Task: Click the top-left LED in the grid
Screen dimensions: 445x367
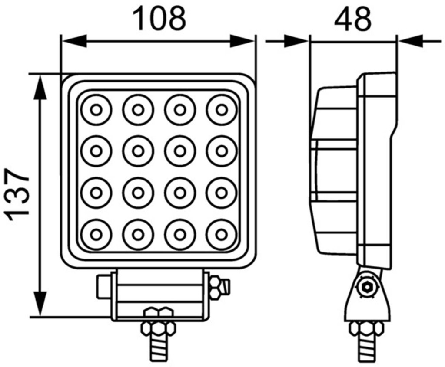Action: click(96, 110)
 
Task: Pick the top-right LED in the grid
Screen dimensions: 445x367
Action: click(221, 110)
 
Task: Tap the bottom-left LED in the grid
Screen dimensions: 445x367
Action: click(96, 234)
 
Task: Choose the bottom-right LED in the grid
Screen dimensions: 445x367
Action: click(221, 234)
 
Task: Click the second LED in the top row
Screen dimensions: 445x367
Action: click(138, 110)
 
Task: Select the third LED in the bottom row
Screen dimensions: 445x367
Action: click(179, 234)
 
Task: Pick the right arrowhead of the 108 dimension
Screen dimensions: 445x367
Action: click(242, 41)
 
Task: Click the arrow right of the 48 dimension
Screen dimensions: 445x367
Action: click(420, 41)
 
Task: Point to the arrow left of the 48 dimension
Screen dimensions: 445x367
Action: click(287, 41)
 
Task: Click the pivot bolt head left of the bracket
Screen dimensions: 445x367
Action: click(103, 286)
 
